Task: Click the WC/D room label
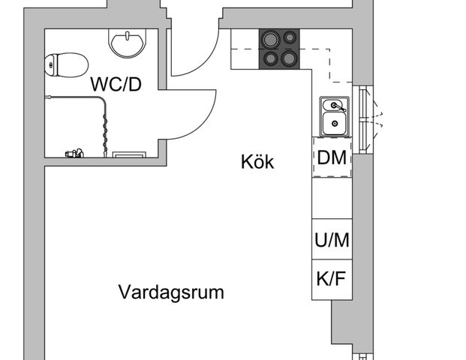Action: tap(116, 84)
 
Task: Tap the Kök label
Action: tap(257, 161)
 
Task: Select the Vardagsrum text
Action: tap(171, 292)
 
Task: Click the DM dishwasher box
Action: tap(332, 157)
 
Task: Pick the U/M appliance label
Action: tap(332, 240)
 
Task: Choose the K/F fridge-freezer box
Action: tap(332, 280)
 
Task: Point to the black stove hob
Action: tap(278, 49)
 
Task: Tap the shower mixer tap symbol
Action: tap(73, 154)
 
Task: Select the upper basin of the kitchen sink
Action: tap(332, 104)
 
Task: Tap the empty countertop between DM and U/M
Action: tap(332, 197)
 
